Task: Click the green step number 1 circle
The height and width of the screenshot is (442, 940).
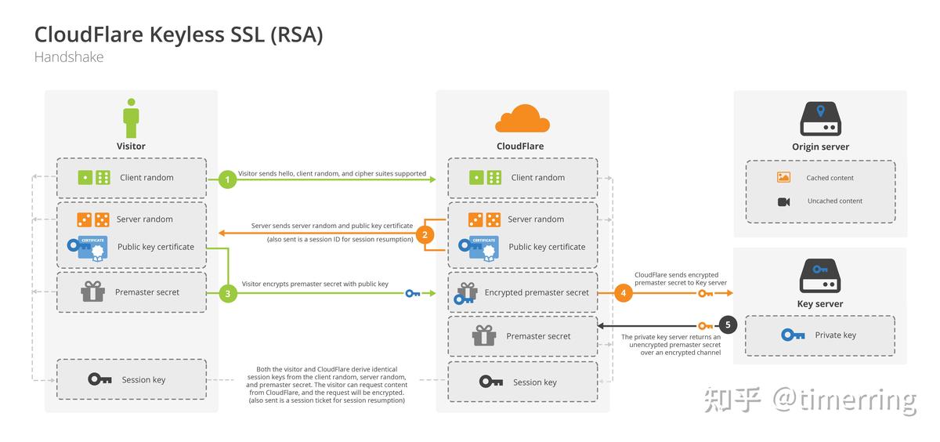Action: point(228,179)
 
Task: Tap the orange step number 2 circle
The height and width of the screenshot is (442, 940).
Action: point(425,234)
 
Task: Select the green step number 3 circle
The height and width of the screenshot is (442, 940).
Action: point(228,294)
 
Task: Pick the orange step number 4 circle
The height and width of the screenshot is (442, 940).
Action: point(624,293)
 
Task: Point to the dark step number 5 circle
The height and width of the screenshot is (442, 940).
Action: point(728,324)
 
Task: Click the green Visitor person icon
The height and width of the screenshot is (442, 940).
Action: point(131,118)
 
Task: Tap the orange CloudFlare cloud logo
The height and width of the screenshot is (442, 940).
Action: point(522,118)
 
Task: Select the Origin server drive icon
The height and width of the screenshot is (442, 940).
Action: point(820,120)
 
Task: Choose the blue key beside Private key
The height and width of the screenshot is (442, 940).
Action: point(793,335)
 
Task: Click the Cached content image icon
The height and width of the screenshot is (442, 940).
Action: point(783,178)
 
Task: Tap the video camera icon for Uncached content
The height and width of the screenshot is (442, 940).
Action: point(783,201)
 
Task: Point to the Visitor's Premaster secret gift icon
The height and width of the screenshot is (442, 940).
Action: point(92,292)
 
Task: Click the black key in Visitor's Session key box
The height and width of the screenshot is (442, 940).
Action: point(99,379)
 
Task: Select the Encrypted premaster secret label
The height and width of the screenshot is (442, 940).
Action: point(537,292)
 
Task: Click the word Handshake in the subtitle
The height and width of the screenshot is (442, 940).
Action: point(69,57)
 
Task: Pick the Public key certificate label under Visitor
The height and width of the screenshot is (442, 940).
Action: point(156,247)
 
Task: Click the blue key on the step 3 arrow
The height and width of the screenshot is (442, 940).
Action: point(412,294)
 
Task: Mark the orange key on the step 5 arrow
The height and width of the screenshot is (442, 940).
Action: point(705,325)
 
